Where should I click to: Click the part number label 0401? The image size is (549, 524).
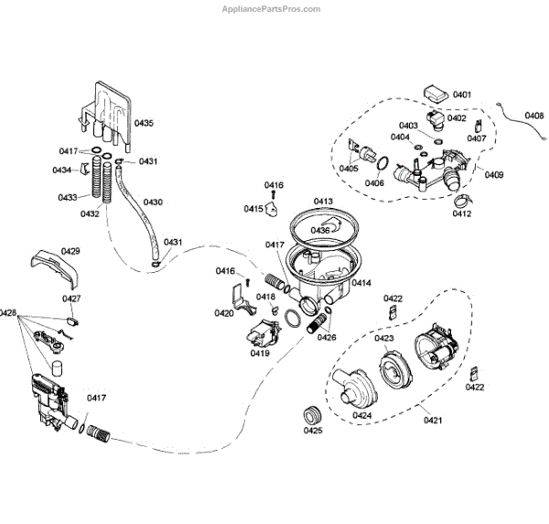461,94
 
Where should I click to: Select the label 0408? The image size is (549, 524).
534,115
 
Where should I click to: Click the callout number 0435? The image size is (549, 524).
145,122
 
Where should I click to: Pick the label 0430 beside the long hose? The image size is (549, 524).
154,202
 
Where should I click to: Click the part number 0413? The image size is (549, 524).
323,201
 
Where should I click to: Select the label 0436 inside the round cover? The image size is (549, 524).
319,230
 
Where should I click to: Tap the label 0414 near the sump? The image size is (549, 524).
361,283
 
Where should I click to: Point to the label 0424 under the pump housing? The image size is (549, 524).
361,415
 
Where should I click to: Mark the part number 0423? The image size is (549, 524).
384,338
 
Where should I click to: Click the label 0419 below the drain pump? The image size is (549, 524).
260,353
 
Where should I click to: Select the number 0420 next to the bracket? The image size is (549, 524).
223,313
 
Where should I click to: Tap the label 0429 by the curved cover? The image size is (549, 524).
70,250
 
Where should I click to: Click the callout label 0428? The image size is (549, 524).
8,313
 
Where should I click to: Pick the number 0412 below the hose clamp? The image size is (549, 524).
461,214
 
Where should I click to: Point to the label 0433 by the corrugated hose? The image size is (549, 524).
67,197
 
